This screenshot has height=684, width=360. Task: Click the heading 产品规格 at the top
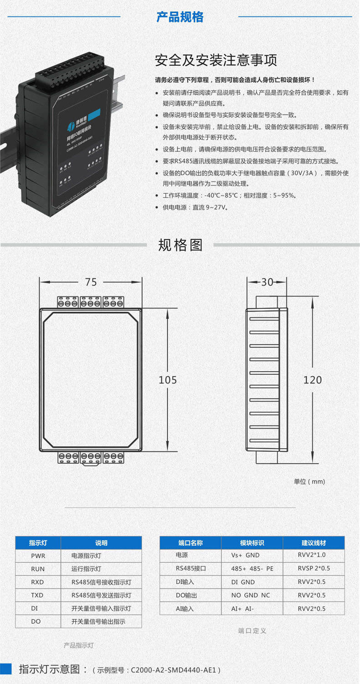(x=180, y=17)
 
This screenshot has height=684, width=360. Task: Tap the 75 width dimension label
(x=91, y=282)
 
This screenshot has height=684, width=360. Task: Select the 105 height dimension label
(x=168, y=380)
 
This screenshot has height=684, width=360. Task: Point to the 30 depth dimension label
(x=267, y=282)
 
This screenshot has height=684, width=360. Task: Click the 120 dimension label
(x=313, y=380)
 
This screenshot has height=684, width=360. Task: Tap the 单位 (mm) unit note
(x=309, y=482)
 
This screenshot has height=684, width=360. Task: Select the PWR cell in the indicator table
(x=38, y=556)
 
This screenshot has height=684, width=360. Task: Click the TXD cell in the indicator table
(x=38, y=595)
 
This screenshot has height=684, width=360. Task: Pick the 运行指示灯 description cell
(x=86, y=569)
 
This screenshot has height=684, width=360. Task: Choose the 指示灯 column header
(x=38, y=543)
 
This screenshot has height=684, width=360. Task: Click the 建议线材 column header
(x=314, y=543)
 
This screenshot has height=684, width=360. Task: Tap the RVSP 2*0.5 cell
(x=314, y=569)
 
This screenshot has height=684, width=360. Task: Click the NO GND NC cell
(x=251, y=596)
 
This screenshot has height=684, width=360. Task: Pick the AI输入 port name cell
(x=185, y=609)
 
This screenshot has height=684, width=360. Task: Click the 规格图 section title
(x=180, y=245)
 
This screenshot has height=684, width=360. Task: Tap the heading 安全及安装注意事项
(x=216, y=61)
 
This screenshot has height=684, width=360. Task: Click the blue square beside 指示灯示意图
(x=6, y=668)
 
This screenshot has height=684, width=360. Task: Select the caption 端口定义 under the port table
(x=252, y=631)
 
